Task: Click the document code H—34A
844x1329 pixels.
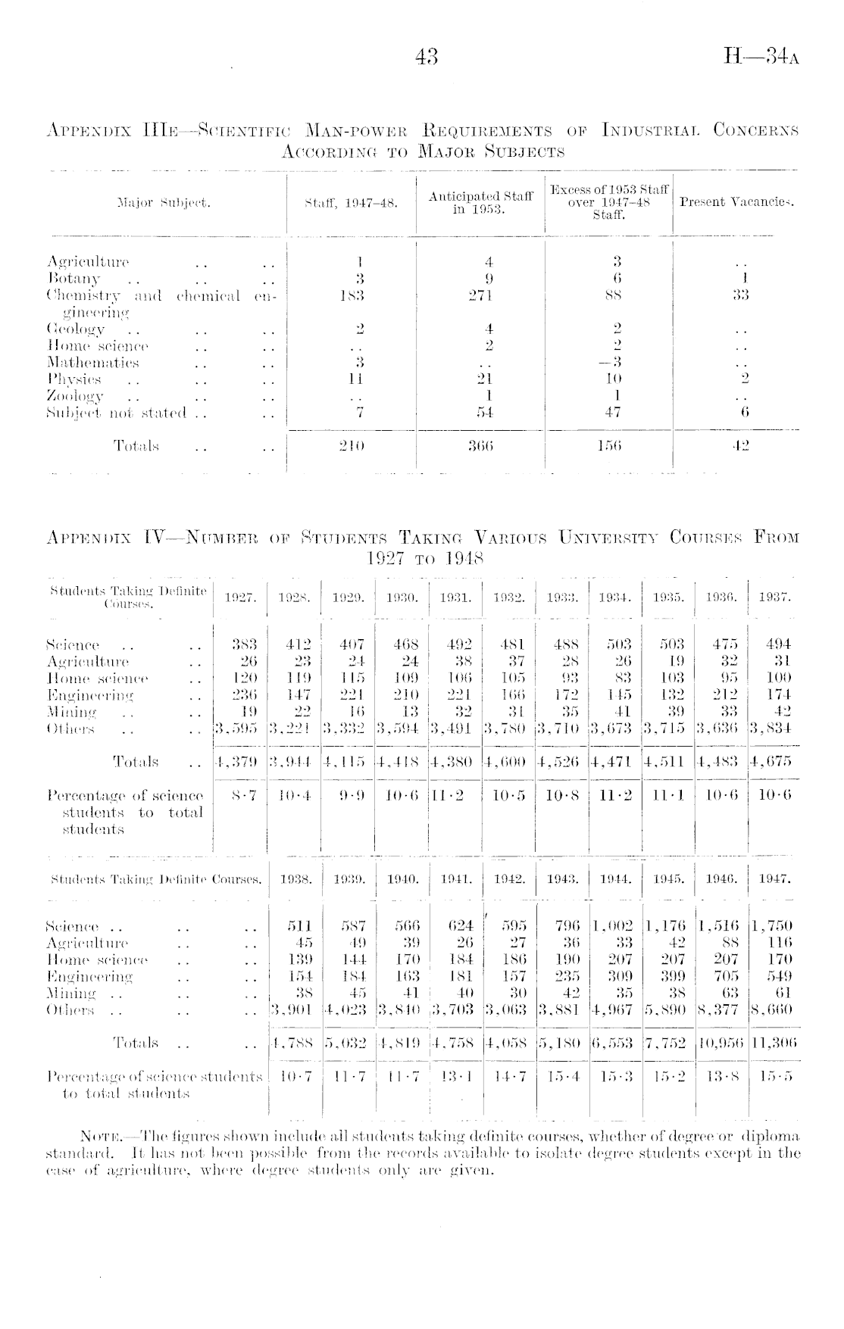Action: [761, 57]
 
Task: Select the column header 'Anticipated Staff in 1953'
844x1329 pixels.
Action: [480, 202]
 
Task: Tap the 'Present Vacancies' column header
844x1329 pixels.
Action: [736, 202]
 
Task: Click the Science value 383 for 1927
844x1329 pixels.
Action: [243, 644]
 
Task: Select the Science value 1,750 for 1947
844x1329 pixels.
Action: [774, 925]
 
